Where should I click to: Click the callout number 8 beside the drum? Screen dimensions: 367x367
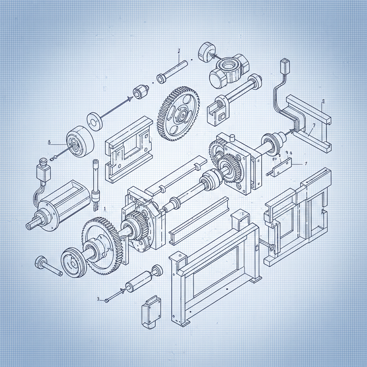[49, 142]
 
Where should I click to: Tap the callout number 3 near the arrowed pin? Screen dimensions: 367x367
[98, 298]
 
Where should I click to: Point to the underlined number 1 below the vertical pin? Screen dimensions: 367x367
[104, 208]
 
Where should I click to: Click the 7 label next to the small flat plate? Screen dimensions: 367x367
[305, 163]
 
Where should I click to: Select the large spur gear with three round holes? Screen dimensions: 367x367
[178, 114]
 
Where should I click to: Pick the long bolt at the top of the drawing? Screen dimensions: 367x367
[172, 72]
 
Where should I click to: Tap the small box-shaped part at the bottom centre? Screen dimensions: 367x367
[151, 311]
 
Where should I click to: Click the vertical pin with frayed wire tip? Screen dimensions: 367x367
[96, 186]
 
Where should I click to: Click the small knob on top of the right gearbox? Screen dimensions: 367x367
[232, 138]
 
